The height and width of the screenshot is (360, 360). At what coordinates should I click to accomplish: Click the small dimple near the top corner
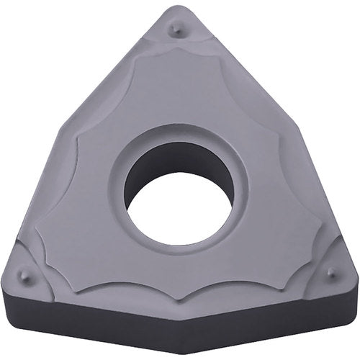click(174, 29)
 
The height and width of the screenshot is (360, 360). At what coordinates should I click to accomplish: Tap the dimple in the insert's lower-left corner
click(24, 274)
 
